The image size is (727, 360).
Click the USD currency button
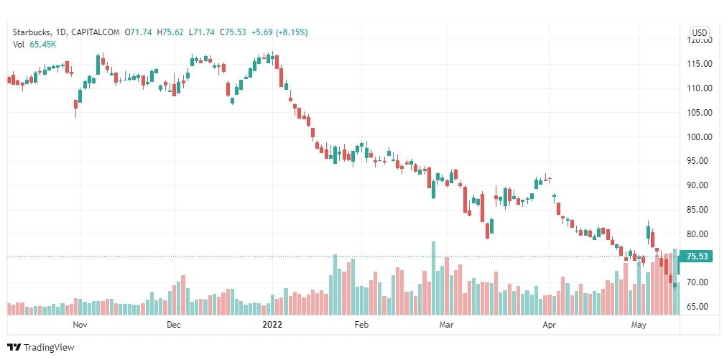click(x=699, y=32)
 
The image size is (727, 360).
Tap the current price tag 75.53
click(x=699, y=257)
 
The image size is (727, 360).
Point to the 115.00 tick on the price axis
click(x=700, y=64)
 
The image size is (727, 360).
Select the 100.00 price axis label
click(x=700, y=137)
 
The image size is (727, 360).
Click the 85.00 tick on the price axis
click(x=700, y=210)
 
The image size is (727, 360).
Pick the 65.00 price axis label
click(x=700, y=307)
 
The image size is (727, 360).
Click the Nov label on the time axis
click(x=80, y=325)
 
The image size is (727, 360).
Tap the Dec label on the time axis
click(x=173, y=325)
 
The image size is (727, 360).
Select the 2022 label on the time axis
click(x=273, y=325)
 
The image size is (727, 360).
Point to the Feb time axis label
click(x=361, y=325)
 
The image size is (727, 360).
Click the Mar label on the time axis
click(x=448, y=325)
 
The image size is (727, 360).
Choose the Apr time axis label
click(x=550, y=325)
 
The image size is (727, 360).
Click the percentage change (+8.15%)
click(x=290, y=32)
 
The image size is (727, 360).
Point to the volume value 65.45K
click(x=43, y=45)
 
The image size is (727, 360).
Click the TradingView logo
click(x=41, y=348)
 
